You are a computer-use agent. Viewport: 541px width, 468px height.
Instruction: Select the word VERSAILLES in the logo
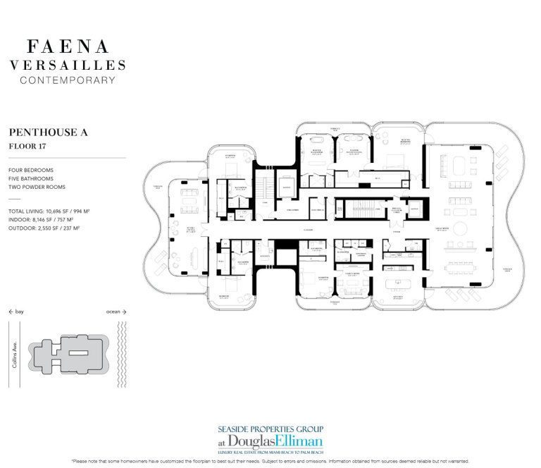coord(68,65)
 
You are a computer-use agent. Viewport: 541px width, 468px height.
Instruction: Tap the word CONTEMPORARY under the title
coord(68,80)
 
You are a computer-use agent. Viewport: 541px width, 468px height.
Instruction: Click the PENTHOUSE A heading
coord(48,132)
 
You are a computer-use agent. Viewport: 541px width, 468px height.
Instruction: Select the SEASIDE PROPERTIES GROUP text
coord(270,427)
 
